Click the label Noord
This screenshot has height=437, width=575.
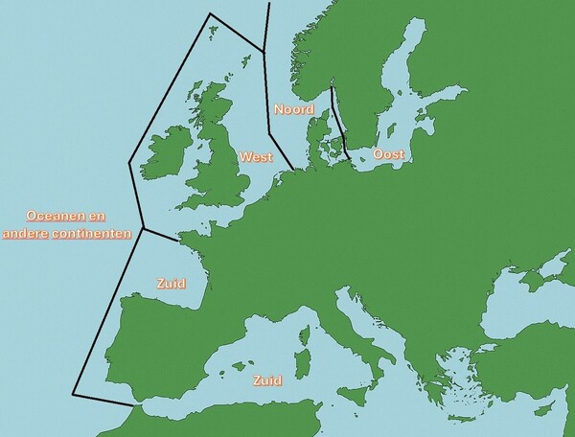tap(294, 109)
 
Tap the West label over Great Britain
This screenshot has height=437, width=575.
tap(256, 156)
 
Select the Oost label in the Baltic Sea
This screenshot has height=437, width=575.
tap(387, 154)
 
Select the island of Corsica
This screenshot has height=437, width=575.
tap(309, 337)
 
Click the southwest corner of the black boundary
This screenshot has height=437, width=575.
tap(74, 394)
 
